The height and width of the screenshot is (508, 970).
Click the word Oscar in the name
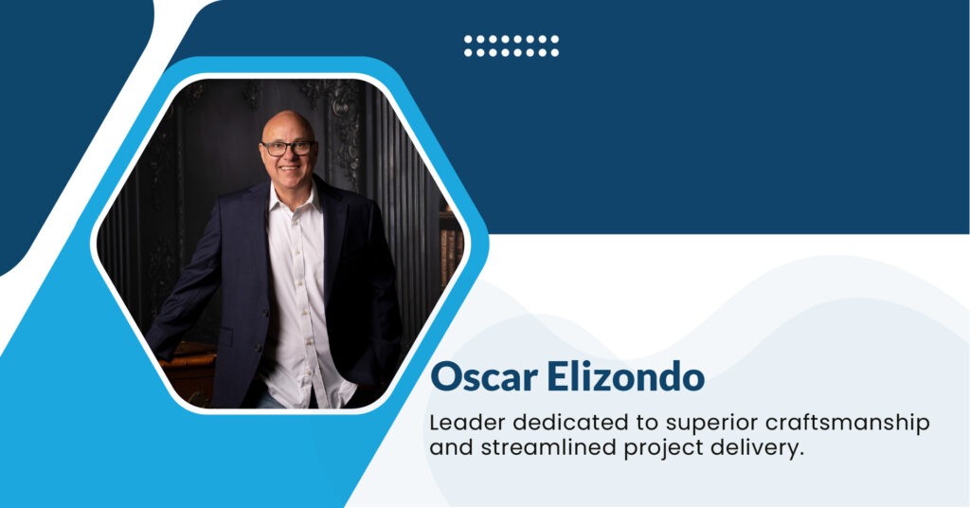point(483,376)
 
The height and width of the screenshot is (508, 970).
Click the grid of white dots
point(511,45)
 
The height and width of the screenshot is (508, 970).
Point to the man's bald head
point(286,124)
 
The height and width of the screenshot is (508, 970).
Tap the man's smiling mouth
point(288,172)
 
